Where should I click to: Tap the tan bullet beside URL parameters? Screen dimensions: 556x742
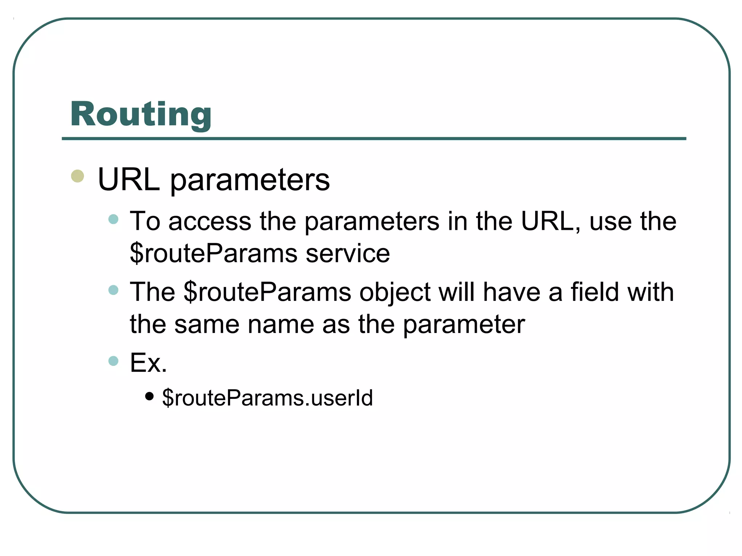pos(78,176)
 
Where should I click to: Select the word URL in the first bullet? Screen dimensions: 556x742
pos(129,180)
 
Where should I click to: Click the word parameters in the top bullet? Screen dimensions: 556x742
pos(250,181)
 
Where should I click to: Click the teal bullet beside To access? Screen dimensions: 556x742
pos(113,219)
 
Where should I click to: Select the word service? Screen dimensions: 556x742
pos(348,253)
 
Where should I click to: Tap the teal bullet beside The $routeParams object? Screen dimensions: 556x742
pos(113,290)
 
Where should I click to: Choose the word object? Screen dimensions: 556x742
pos(395,292)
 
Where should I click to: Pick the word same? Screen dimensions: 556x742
pos(207,324)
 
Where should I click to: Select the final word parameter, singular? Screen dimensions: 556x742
pos(464,325)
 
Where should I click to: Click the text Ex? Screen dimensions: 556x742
pos(149,363)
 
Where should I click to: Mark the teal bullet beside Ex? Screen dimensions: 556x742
pos(113,361)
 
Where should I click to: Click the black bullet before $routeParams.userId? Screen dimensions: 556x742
pos(149,396)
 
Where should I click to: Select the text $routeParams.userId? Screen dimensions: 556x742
pos(267,398)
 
